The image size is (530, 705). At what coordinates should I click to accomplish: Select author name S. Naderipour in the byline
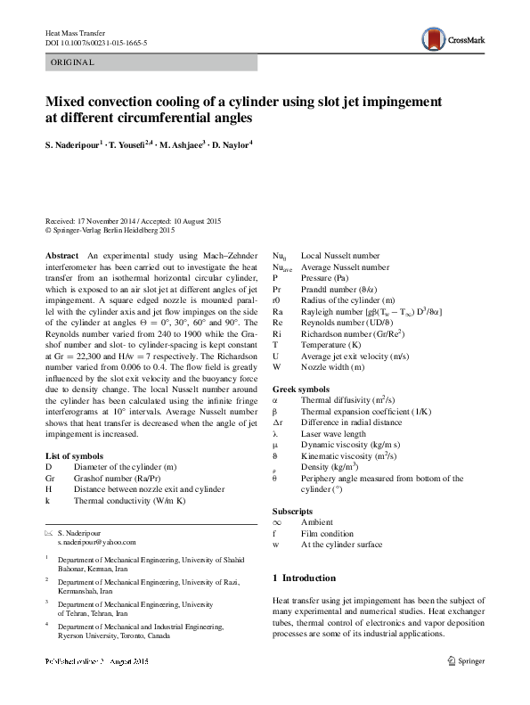pyautogui.click(x=75, y=143)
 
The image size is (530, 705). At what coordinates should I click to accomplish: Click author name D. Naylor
pyautogui.click(x=230, y=143)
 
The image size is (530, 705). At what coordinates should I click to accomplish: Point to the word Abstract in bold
pyautogui.click(x=61, y=255)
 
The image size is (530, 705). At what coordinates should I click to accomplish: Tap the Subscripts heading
pyautogui.click(x=293, y=511)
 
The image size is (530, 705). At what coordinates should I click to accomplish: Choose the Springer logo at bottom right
pyautogui.click(x=470, y=661)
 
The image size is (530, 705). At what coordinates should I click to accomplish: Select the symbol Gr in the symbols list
pyautogui.click(x=50, y=478)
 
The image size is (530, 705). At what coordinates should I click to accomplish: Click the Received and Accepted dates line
pyautogui.click(x=134, y=220)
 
